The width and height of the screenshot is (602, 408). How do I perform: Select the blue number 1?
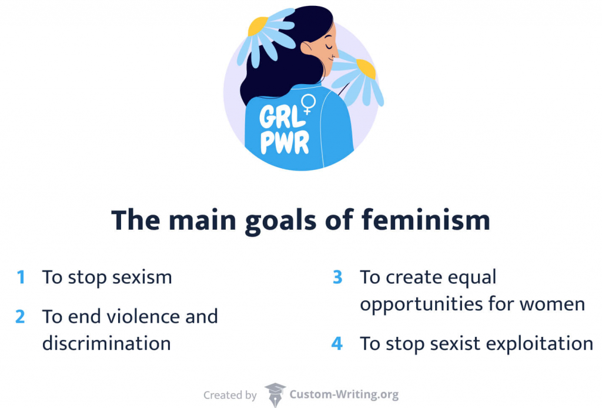pyautogui.click(x=21, y=277)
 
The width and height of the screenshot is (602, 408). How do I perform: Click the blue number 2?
pyautogui.click(x=21, y=316)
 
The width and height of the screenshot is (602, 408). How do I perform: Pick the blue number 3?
pyautogui.click(x=337, y=277)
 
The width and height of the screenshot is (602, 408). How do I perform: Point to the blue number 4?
pyautogui.click(x=337, y=343)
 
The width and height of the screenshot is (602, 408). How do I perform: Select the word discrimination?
pyautogui.click(x=106, y=343)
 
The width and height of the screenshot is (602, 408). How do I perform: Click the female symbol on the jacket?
pyautogui.click(x=308, y=105)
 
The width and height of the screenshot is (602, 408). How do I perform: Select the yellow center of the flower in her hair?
pyautogui.click(x=258, y=26)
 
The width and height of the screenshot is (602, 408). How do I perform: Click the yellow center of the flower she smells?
pyautogui.click(x=366, y=69)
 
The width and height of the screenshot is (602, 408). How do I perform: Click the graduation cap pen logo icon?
pyautogui.click(x=275, y=394)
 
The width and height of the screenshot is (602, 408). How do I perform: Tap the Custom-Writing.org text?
pyautogui.click(x=344, y=395)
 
